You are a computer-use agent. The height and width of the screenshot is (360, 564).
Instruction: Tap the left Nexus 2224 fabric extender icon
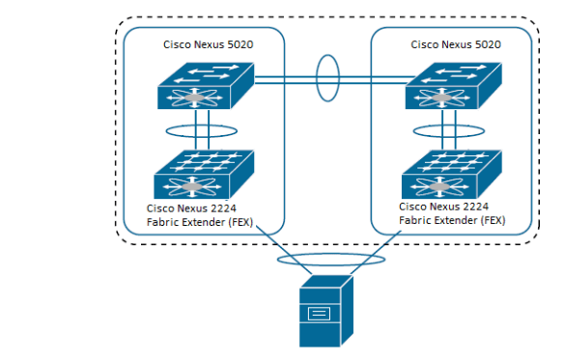(203, 174)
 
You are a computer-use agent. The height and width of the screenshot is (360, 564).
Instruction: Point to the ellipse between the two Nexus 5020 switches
(327, 77)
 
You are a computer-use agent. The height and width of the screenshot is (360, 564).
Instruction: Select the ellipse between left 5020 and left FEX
(203, 129)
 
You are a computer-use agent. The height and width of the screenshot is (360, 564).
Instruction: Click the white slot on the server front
(319, 314)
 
